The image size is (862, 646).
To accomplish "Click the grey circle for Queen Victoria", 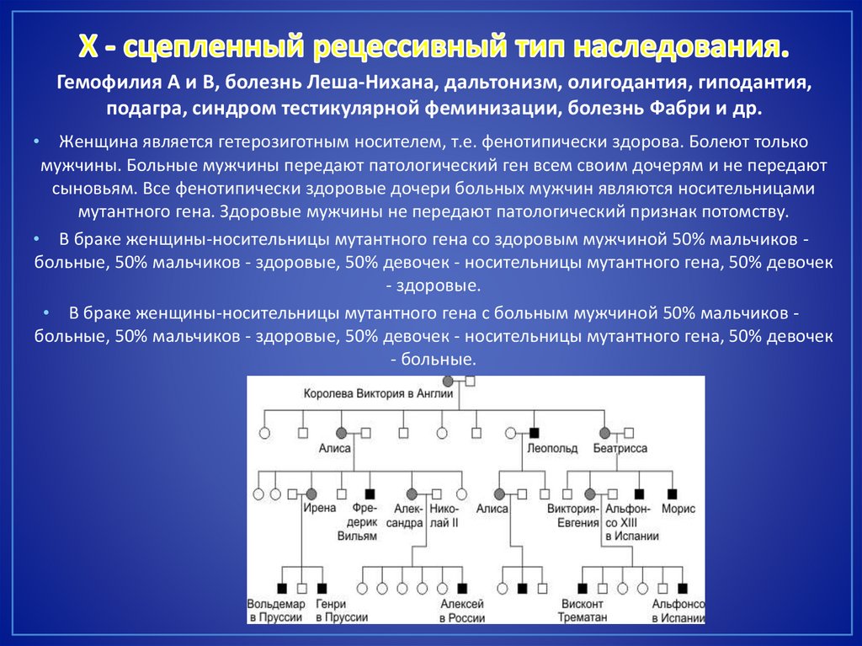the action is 448,382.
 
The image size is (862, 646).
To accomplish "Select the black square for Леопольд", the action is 534,433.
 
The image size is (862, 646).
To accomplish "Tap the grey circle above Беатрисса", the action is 603,433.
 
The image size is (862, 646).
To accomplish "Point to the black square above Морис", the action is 673,494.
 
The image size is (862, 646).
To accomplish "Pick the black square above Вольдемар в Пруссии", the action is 282,588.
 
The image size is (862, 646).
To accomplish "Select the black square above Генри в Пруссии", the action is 322,588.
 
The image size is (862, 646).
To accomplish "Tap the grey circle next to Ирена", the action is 311,494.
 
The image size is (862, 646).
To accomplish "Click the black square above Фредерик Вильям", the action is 370,494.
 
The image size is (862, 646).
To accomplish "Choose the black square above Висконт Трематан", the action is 583,588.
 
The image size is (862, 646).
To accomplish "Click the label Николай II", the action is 443,515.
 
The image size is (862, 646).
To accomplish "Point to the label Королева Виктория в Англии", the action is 377,392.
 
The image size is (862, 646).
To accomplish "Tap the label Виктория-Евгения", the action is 572,515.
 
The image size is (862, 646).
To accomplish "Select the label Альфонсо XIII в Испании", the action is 627,521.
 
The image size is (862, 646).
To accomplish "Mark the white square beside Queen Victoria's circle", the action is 471,382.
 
